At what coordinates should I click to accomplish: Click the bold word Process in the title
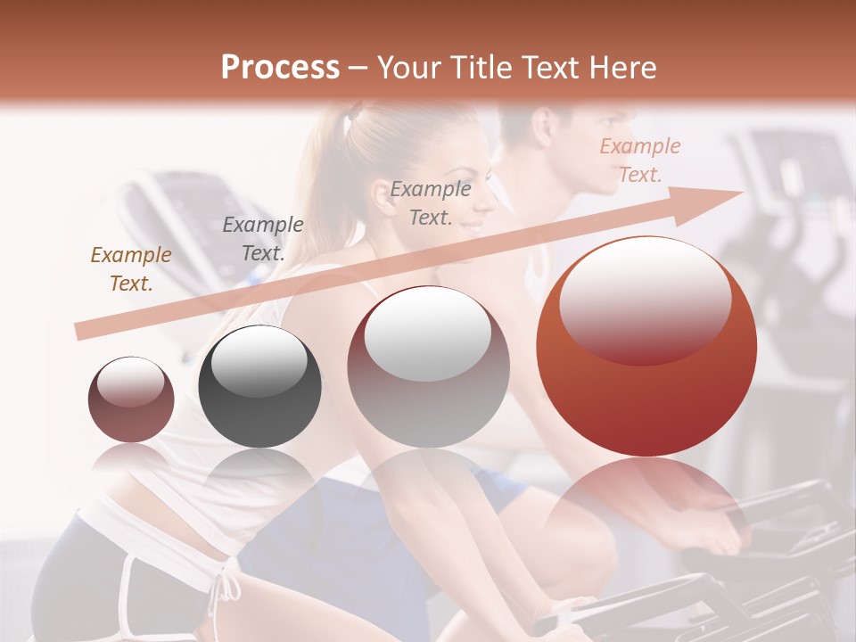coord(280,67)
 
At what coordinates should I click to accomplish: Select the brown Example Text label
coord(131,269)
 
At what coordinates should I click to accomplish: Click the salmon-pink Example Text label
coord(639,160)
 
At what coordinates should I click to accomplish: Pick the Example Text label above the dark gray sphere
coord(262,239)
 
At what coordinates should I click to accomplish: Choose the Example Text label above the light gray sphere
coord(431,202)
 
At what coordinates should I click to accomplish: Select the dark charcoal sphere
coord(259,388)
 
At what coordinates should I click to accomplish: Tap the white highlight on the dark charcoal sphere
coord(259,362)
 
